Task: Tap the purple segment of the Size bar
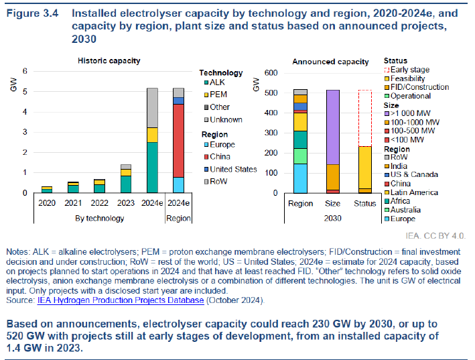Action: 333,127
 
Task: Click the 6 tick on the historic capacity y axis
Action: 25,71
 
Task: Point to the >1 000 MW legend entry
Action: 411,113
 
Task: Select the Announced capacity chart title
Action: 330,62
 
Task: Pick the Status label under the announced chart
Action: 364,203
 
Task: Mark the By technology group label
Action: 99,218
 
